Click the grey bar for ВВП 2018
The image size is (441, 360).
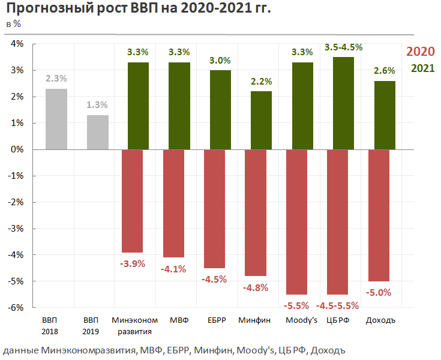(x=56, y=119)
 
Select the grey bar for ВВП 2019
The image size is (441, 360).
(x=97, y=132)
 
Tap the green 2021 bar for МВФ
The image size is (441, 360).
(x=179, y=106)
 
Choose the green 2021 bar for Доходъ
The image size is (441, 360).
(x=385, y=115)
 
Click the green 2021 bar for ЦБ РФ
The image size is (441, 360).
(x=343, y=103)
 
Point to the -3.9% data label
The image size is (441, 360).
(x=132, y=263)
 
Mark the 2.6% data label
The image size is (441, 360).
(x=385, y=71)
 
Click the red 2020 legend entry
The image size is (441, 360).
(x=421, y=52)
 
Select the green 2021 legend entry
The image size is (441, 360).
(x=422, y=68)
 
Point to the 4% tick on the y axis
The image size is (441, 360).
(x=16, y=44)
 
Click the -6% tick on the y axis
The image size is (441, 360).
(x=15, y=308)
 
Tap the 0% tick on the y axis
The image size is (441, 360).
(x=16, y=149)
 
